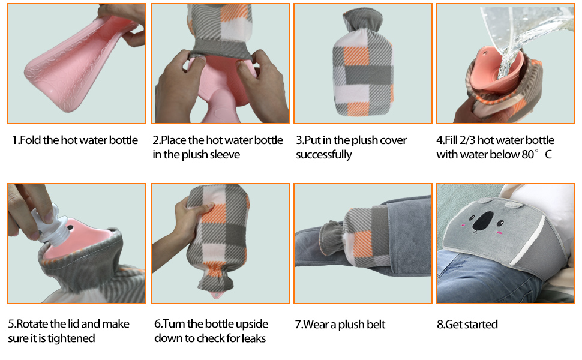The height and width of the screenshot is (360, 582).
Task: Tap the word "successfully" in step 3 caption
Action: (x=324, y=155)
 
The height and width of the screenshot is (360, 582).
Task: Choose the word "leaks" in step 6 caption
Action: (x=253, y=338)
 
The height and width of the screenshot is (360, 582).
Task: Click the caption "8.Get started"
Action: (x=467, y=325)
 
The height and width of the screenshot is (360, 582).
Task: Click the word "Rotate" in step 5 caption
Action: (x=31, y=324)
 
